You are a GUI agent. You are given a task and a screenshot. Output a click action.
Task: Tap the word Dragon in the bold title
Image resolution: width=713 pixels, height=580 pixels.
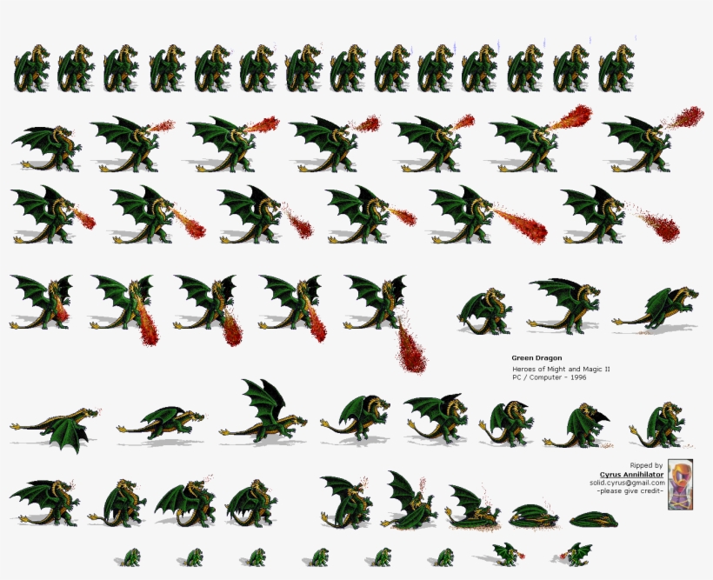549,357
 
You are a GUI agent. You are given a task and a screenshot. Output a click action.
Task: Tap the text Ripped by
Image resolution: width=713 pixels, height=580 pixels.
646,466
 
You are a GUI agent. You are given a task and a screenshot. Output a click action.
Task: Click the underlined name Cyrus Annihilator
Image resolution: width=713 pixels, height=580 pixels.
632,475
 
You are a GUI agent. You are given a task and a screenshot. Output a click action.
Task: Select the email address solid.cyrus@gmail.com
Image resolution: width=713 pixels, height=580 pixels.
626,483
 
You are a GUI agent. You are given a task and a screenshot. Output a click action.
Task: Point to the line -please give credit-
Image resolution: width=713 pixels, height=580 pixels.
630,491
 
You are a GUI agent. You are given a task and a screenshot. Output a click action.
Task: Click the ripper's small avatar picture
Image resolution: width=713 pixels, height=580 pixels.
680,484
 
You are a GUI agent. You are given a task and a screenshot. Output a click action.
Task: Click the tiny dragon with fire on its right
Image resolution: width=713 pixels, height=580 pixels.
505,554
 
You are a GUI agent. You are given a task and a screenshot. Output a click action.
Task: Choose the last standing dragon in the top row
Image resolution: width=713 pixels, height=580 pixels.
616,68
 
